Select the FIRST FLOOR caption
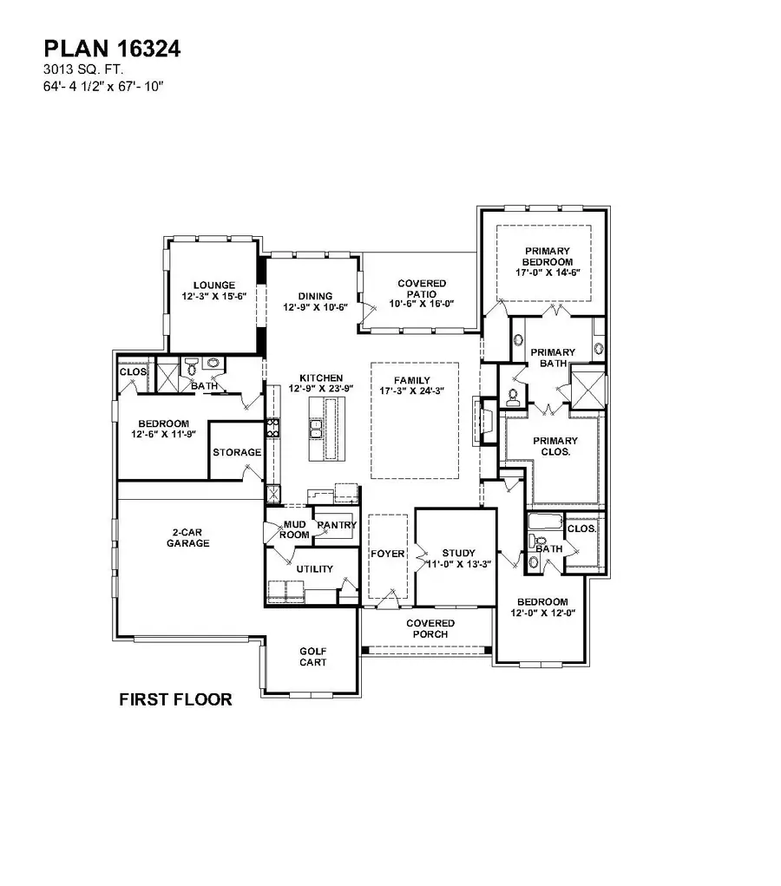coord(175,699)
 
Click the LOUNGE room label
coord(214,285)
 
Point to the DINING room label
coord(315,296)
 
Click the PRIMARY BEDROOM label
coord(547,256)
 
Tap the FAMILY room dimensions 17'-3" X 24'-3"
coord(413,392)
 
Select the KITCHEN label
coord(321,378)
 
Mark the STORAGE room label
coord(237,453)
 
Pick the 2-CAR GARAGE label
coord(189,537)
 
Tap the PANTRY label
coord(336,526)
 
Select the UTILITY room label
coord(314,568)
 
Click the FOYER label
coord(387,554)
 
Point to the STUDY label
coord(458,553)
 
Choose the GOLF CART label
coord(312,656)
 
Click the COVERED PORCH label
coord(430,628)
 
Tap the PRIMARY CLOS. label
coord(555,446)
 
